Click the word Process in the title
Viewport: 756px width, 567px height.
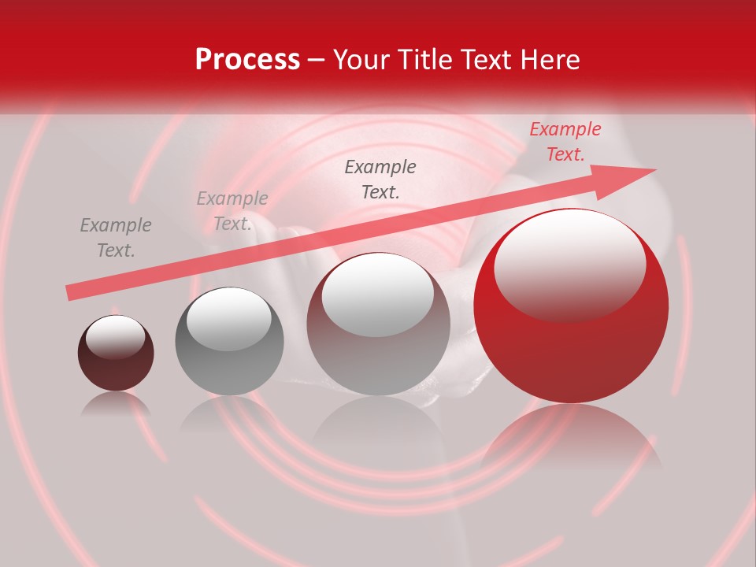click(x=247, y=60)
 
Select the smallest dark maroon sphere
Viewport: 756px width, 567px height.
click(x=116, y=353)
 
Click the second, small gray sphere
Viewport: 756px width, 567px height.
click(x=229, y=341)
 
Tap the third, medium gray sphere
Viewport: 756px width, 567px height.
click(x=378, y=324)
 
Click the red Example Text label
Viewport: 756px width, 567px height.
click(x=565, y=142)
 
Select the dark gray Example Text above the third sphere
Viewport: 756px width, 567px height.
click(x=380, y=179)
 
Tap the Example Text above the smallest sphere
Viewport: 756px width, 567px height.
click(x=116, y=238)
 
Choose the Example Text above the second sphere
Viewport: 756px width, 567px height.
click(x=232, y=211)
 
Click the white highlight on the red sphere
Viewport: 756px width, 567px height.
click(x=569, y=264)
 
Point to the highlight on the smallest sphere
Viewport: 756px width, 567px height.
click(x=115, y=336)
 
